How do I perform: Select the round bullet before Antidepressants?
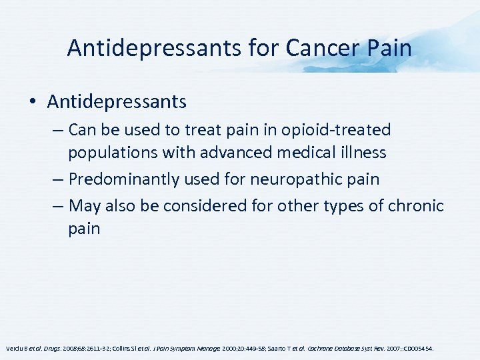(33, 102)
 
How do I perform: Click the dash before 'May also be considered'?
(57, 206)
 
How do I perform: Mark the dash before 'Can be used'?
(57, 130)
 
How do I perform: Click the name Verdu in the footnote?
(13, 348)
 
